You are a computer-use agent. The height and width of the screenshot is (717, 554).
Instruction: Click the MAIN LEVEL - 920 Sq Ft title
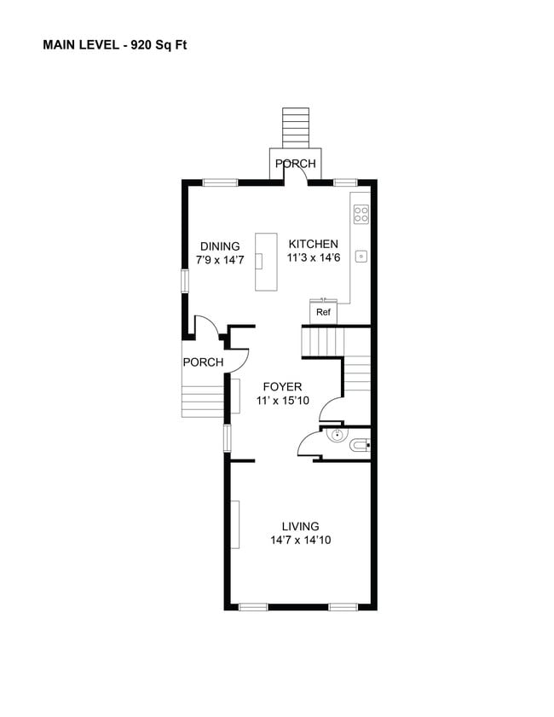(x=115, y=45)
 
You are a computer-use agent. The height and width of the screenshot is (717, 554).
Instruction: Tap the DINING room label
(x=220, y=246)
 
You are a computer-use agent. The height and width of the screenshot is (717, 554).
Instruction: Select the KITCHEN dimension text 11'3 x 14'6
(x=314, y=257)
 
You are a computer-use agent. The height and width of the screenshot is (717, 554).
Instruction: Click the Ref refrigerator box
(x=323, y=312)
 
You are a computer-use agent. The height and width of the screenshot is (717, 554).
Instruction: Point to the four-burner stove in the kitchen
(x=361, y=215)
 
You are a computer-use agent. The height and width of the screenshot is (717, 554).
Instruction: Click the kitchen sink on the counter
(x=361, y=257)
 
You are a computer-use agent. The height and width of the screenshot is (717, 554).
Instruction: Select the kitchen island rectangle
(x=266, y=262)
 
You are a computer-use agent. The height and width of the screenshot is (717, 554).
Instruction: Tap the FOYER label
(x=282, y=387)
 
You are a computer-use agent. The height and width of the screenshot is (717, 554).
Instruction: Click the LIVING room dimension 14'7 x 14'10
(x=300, y=540)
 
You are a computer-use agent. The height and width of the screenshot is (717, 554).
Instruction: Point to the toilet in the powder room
(x=360, y=445)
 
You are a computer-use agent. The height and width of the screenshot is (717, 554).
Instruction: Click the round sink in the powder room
(x=338, y=434)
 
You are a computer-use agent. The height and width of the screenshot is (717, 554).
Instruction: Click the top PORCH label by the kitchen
(x=295, y=164)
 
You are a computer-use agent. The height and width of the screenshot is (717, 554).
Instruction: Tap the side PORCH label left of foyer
(x=203, y=362)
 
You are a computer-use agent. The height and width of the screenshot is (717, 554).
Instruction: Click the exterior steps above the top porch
(x=296, y=128)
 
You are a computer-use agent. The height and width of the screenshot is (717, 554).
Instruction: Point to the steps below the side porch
(x=203, y=402)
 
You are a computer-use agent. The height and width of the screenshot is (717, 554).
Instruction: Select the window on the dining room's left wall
(x=185, y=280)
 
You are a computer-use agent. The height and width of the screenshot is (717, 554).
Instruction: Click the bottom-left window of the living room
(x=253, y=607)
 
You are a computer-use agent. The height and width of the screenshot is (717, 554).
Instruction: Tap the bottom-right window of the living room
(x=343, y=607)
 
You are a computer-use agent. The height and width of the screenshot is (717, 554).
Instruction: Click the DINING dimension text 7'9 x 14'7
(x=220, y=260)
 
